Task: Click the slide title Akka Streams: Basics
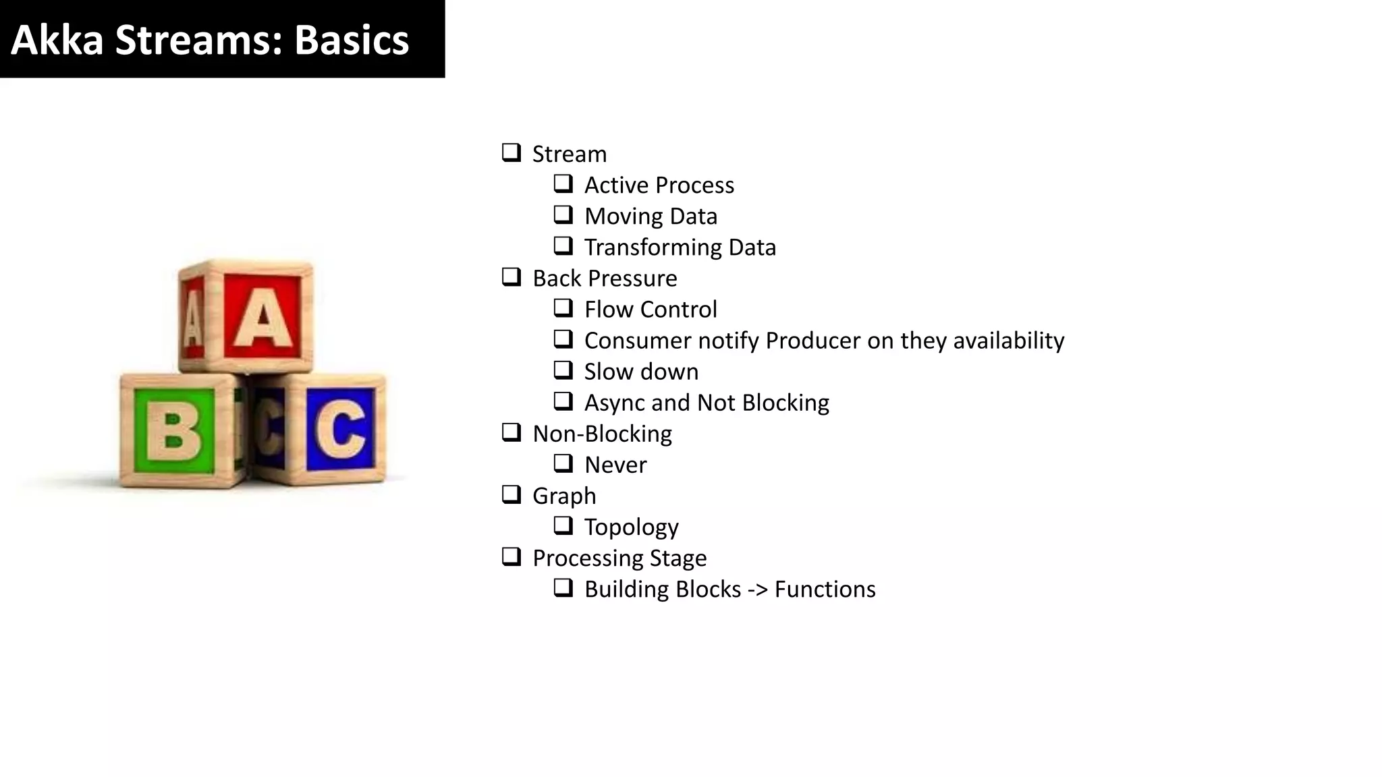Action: point(210,40)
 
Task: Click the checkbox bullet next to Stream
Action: point(512,152)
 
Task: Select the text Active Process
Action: point(659,185)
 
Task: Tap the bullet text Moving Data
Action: point(651,216)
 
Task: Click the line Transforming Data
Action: point(680,247)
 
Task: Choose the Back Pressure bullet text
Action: point(605,278)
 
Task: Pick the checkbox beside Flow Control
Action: point(563,308)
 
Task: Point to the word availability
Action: point(1008,340)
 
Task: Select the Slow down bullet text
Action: point(641,371)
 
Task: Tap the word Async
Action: point(614,403)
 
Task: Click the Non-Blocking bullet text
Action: point(602,434)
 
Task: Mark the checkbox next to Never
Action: point(563,463)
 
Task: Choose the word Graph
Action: point(564,496)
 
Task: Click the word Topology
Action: point(631,527)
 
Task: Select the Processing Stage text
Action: point(619,558)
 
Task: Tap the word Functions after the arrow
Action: point(825,589)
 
